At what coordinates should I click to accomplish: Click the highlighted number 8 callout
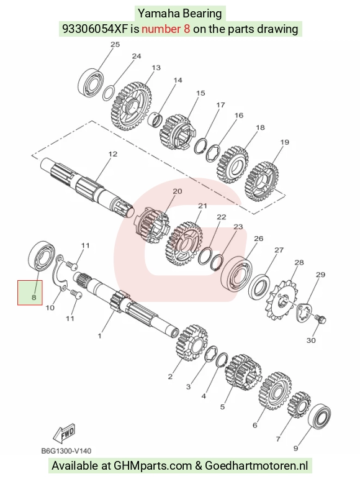pos(34,296)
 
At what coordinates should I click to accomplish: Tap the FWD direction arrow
pos(63,433)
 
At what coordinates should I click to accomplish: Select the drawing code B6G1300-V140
pos(66,451)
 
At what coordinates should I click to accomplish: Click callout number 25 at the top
pos(115,44)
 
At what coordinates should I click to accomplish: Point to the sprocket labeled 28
pos(284,300)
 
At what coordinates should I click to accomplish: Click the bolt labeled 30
pos(320,319)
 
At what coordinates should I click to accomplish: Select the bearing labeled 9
pos(320,416)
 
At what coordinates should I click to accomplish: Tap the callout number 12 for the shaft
pos(112,153)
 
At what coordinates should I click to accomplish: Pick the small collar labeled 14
pos(156,119)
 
